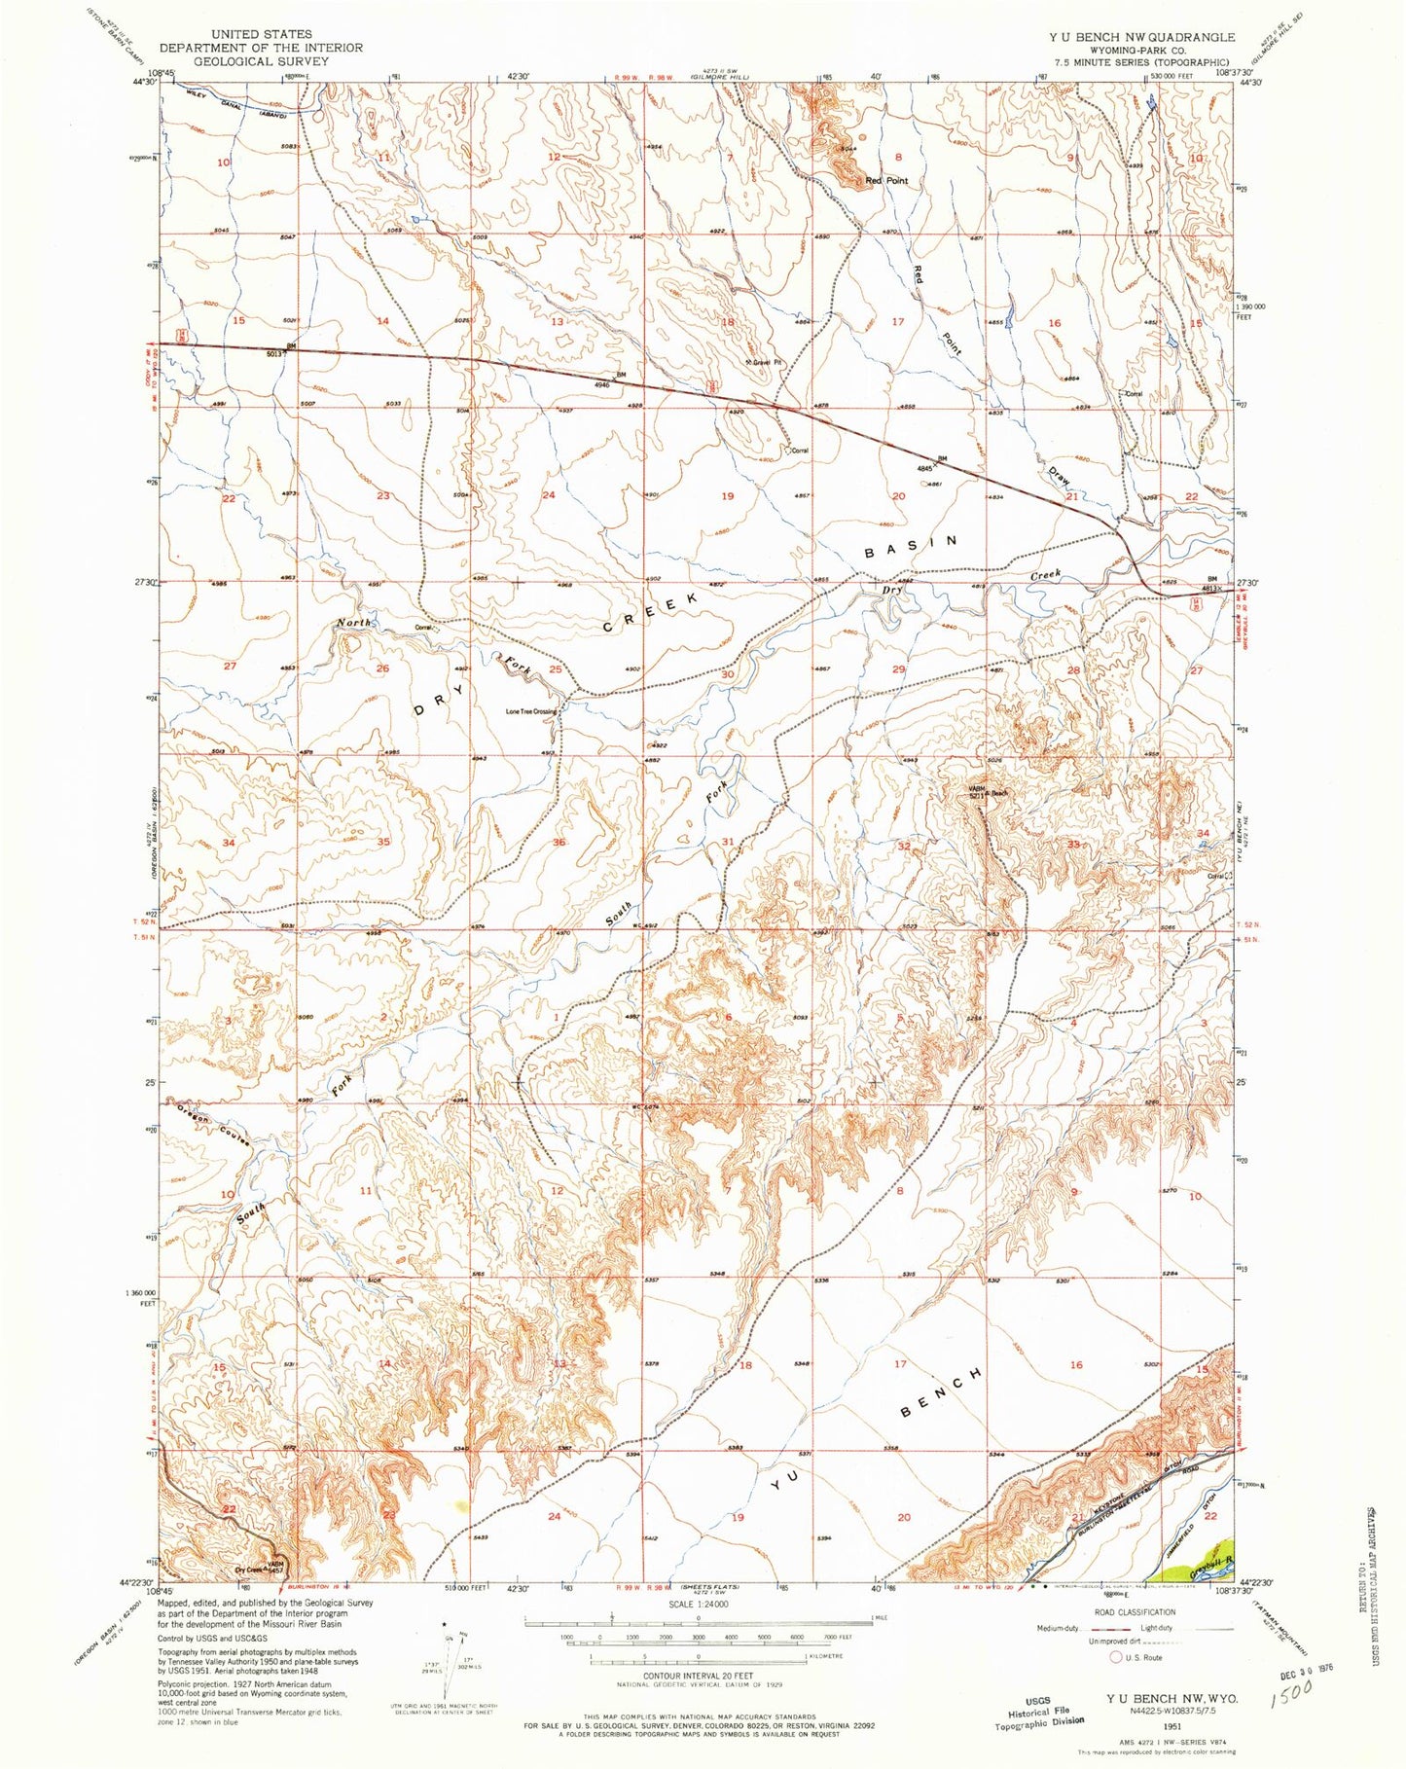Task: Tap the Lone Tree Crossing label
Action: tap(531, 711)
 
